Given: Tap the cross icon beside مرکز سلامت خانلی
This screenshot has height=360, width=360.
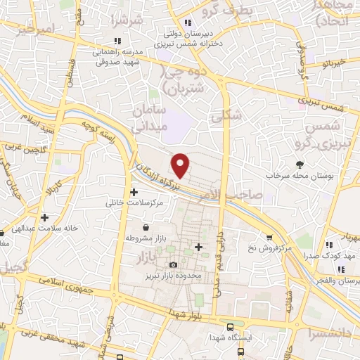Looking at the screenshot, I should (x=134, y=191).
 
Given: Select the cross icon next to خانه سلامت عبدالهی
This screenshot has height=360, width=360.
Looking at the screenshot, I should (x=44, y=218).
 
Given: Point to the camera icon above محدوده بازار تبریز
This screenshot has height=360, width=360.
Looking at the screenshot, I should (x=173, y=264).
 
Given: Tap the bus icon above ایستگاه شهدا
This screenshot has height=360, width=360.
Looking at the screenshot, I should (x=231, y=326).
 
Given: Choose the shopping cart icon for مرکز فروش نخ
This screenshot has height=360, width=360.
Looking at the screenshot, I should (x=269, y=238).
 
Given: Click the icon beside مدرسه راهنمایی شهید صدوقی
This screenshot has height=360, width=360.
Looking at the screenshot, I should (x=117, y=41).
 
